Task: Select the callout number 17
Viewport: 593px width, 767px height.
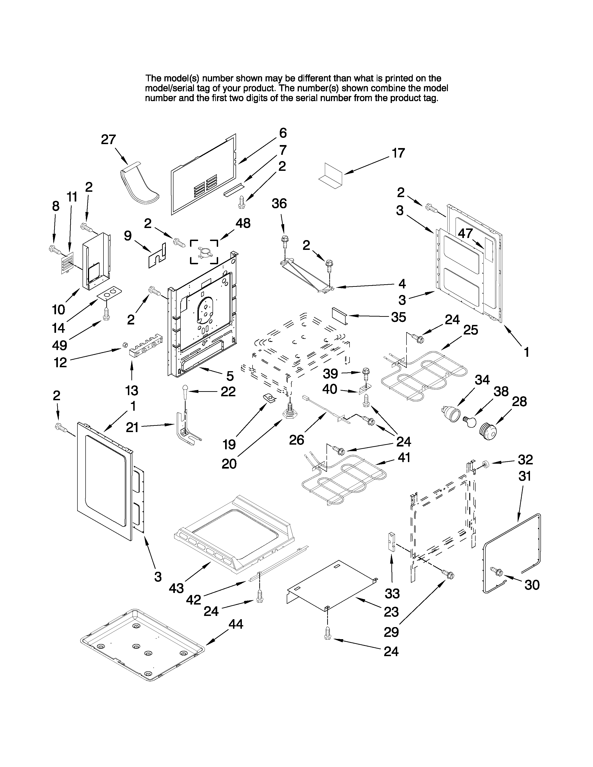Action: coord(398,153)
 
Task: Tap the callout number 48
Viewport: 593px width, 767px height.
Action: coord(243,223)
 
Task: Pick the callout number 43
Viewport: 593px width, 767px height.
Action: coord(176,588)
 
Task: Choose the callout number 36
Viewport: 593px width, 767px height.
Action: coord(279,204)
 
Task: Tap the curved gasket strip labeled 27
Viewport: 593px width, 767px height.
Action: coord(139,184)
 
